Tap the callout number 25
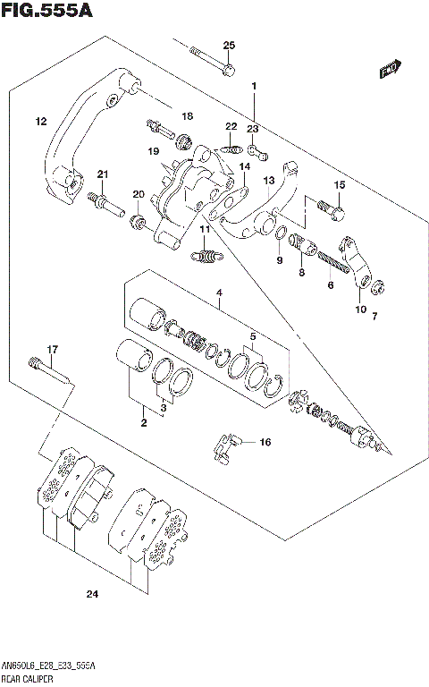coord(229,45)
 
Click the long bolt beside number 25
coord(213,59)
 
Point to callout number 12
coord(41,121)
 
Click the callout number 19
coord(154,151)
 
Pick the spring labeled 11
coord(206,258)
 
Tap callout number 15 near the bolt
coord(339,185)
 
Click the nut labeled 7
coord(378,287)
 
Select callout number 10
coord(360,310)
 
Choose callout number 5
coord(254,337)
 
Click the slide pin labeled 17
coord(49,369)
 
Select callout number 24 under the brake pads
coord(91,594)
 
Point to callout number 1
coord(254,87)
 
